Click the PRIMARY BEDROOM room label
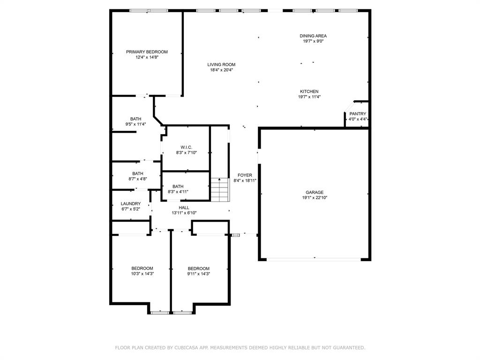[147, 52]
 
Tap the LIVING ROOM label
[221, 65]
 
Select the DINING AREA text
[313, 36]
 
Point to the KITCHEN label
[309, 91]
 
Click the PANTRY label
[358, 114]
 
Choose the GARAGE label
[315, 192]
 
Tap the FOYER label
[245, 175]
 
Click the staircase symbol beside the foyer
[219, 189]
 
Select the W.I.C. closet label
[186, 147]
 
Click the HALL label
[184, 207]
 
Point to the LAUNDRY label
[130, 203]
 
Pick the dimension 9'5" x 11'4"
[135, 124]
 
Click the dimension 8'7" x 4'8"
[138, 179]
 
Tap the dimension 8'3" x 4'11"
[178, 192]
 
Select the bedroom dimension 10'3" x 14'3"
[142, 274]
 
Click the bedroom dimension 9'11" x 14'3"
[198, 274]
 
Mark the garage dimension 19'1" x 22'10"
[315, 198]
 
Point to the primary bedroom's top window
[149, 10]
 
